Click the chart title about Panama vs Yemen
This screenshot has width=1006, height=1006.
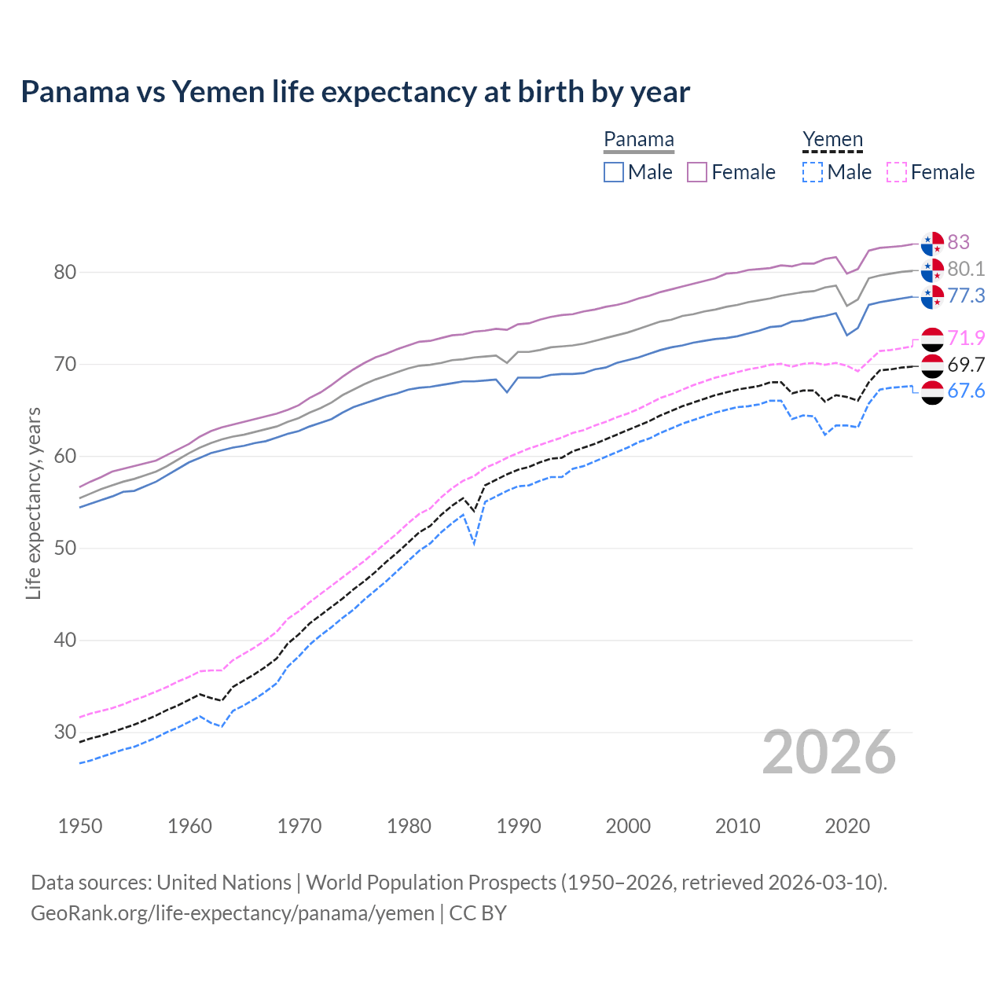(355, 92)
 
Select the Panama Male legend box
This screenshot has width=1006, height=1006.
(614, 172)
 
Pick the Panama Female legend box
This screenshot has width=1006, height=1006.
(697, 172)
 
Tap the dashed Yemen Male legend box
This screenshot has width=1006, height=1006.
(813, 172)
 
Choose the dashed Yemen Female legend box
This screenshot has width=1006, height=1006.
(896, 172)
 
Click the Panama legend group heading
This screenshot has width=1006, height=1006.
(639, 140)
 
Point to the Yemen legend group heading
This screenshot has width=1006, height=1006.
(832, 140)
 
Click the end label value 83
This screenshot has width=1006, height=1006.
(958, 242)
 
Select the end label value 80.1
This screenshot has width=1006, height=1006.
(966, 269)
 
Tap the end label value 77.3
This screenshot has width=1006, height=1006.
(966, 296)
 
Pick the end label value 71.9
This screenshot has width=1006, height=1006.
(966, 338)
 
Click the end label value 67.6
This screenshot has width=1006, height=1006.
(966, 391)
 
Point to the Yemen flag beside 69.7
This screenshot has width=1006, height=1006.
(932, 365)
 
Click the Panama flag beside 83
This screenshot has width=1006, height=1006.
(932, 244)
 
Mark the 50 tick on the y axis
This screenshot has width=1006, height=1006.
(65, 548)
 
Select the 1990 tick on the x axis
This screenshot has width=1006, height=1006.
(519, 826)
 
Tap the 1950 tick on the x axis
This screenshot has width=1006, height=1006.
(80, 826)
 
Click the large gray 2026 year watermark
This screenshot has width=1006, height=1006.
(828, 753)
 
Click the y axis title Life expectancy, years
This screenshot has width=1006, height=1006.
(33, 503)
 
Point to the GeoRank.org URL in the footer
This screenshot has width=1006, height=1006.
(233, 913)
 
